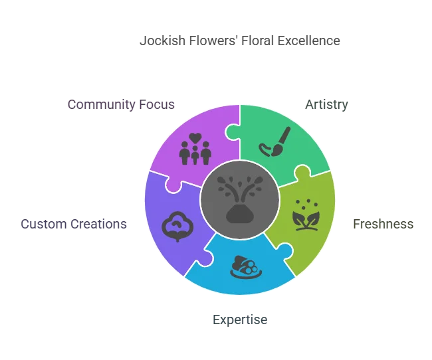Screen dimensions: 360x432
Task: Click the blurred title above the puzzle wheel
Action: coord(239,41)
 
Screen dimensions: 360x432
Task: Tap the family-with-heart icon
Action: coord(195,149)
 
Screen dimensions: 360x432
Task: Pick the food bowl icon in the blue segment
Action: coord(244,266)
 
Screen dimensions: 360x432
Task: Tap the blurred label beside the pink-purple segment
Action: coord(120,104)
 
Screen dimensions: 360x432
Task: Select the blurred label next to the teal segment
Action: coord(326,104)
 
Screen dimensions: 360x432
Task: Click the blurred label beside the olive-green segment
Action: coord(382,223)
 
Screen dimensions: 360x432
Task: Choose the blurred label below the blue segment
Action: coord(241,319)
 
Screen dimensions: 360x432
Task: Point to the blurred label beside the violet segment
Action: coord(72,223)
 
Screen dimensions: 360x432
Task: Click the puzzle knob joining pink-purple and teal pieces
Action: coord(233,132)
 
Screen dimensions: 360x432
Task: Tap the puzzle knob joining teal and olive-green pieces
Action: coord(301,174)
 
